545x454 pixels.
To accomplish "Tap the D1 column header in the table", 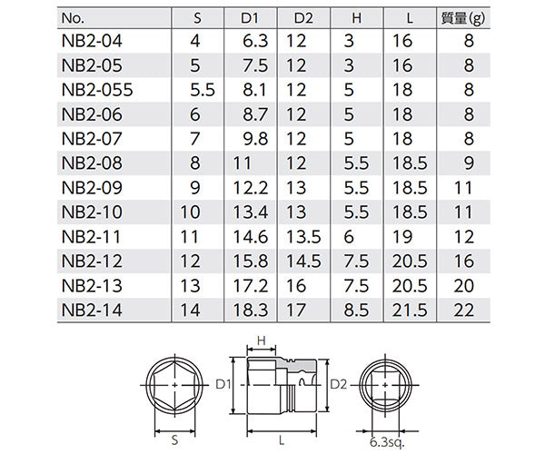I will click(x=252, y=16).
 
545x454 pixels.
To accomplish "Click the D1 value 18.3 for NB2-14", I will click(x=251, y=310).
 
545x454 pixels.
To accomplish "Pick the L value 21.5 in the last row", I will click(x=410, y=310).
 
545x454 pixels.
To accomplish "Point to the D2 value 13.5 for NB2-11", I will click(x=302, y=236).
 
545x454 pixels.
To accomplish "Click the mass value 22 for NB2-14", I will click(x=462, y=310).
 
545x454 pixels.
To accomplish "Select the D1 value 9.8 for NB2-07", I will click(x=254, y=139).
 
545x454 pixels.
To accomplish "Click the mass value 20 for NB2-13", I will click(x=462, y=285).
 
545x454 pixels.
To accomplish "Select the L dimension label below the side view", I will click(x=281, y=439).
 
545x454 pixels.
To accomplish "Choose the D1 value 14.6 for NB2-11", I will click(x=251, y=236).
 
